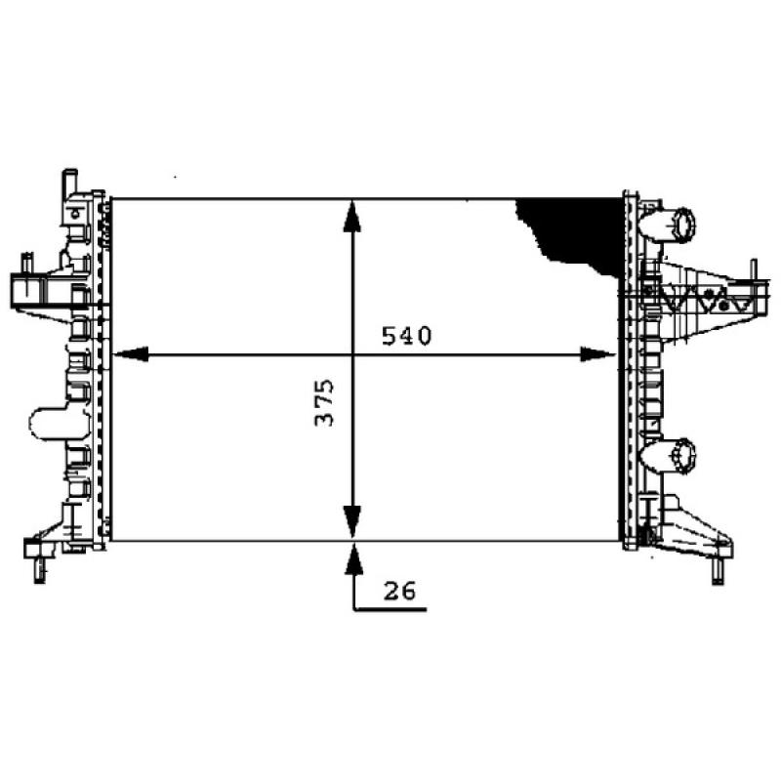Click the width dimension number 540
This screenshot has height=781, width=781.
pos(406,337)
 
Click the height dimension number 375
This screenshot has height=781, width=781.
pos(325,401)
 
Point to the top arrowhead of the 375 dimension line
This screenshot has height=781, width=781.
pos(352,216)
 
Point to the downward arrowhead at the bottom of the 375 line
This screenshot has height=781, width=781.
pos(352,520)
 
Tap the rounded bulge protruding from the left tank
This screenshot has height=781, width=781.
pos(47,423)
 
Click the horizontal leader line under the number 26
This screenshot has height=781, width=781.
pos(390,609)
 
